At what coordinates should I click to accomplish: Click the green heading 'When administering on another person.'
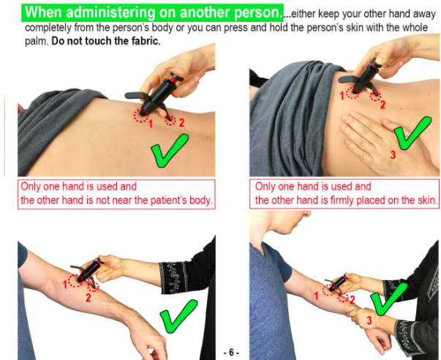coord(152,12)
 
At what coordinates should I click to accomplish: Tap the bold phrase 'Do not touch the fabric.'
coord(106,41)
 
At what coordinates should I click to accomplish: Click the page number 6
coord(231,353)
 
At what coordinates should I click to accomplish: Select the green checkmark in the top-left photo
coord(170,151)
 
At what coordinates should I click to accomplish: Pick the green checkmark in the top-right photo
coord(412,133)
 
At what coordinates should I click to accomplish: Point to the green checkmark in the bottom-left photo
coord(178,316)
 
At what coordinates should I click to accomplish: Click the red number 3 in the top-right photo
coord(393,154)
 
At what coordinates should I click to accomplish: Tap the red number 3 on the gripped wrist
coord(369,320)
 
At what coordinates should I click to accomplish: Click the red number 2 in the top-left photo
coord(181,122)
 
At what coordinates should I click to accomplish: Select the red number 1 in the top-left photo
coord(151,124)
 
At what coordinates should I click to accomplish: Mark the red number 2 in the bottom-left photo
coord(88,298)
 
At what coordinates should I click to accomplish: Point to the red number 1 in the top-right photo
coord(342,96)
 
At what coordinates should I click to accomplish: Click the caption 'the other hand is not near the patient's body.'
coord(116,200)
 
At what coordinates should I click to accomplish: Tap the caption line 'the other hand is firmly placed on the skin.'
coord(346,200)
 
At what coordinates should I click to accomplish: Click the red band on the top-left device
coord(173,80)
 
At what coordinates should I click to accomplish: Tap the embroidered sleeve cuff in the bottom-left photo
coord(173,278)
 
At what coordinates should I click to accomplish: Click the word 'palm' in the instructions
coord(36,42)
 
